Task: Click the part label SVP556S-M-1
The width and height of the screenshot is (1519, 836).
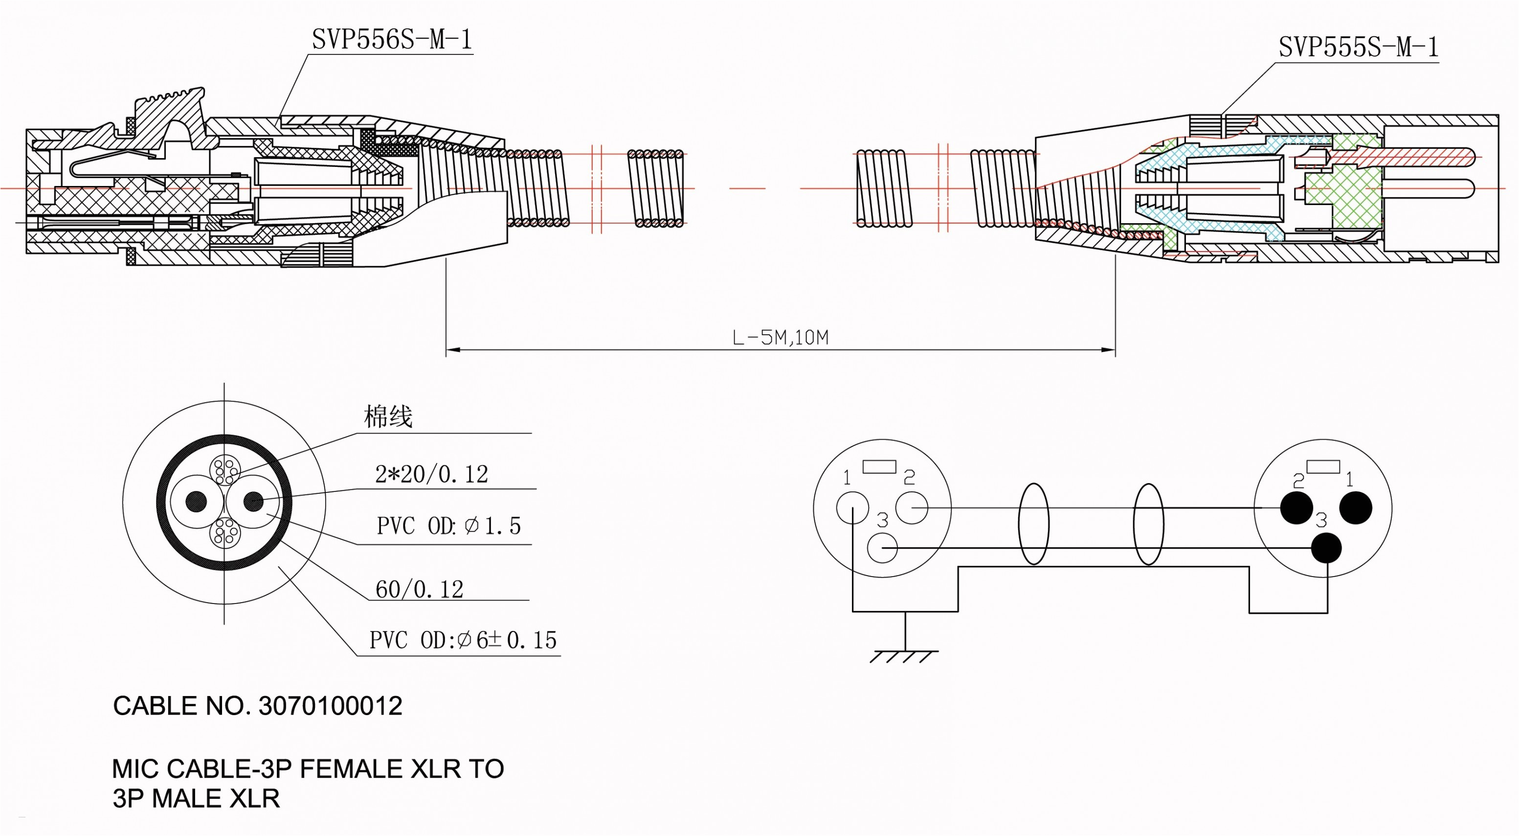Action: point(392,40)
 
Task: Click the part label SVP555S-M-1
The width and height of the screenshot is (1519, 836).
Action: point(1358,47)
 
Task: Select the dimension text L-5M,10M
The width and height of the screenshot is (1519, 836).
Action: point(780,337)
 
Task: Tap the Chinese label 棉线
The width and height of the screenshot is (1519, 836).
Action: point(387,417)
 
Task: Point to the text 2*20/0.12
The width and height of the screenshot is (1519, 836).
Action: point(432,474)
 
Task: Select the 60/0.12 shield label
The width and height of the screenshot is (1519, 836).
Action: point(419,589)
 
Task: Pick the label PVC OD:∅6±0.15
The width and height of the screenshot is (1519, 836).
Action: point(463,640)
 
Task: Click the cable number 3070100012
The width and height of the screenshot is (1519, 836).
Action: point(330,706)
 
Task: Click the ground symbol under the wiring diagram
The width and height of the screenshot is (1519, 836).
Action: point(904,655)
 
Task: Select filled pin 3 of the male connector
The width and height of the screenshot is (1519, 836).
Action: point(1327,548)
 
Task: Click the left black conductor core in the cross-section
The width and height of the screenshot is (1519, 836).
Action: point(197,502)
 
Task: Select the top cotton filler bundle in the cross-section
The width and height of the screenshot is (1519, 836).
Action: point(224,471)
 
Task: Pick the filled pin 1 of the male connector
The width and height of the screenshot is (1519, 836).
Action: point(1356,508)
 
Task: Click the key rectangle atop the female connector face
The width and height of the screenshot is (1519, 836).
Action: point(879,466)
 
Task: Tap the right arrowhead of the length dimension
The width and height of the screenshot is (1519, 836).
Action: point(1109,350)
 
